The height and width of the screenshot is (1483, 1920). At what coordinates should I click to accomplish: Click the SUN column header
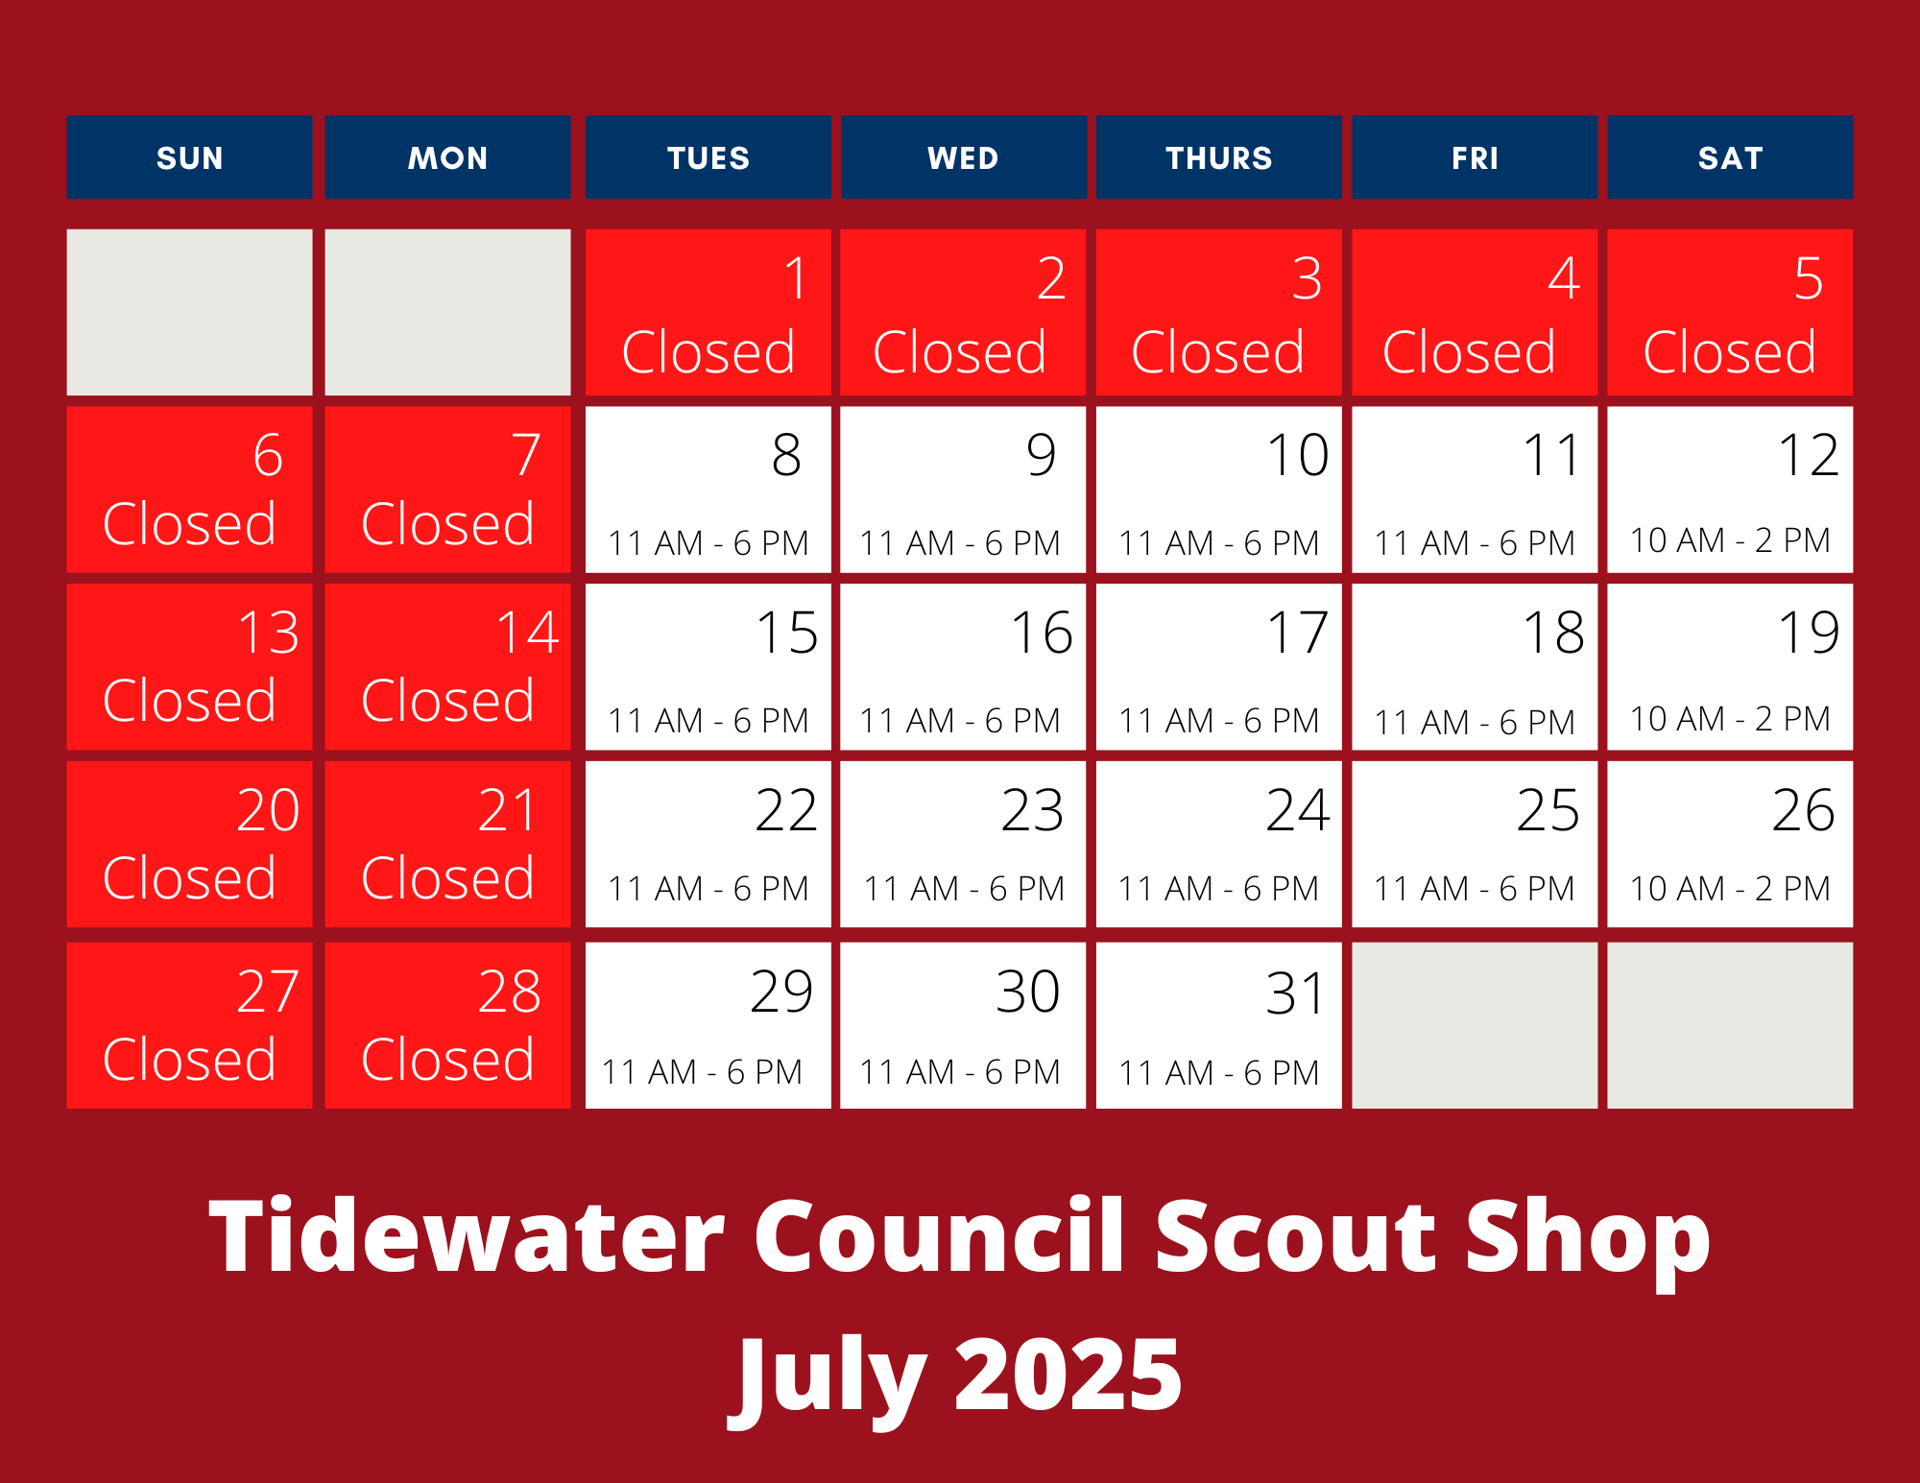click(189, 157)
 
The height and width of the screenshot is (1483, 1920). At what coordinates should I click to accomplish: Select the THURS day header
click(1218, 157)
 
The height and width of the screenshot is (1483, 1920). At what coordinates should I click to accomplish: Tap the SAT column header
click(1730, 157)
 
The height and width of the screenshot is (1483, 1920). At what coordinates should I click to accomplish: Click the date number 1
click(796, 278)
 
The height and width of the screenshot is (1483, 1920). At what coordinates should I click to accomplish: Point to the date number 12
click(1809, 454)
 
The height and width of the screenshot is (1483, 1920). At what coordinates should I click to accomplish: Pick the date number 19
click(1809, 632)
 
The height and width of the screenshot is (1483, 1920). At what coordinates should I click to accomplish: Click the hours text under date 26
click(1730, 888)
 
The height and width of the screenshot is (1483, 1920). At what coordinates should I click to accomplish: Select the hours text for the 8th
click(708, 543)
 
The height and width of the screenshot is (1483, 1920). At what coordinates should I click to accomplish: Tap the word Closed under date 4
click(1469, 351)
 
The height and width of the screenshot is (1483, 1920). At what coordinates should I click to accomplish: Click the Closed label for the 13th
click(189, 700)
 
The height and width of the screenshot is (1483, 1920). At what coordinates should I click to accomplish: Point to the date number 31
click(1296, 993)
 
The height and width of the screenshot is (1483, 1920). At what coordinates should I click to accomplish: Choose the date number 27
click(268, 991)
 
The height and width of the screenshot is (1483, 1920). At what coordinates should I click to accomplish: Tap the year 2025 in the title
click(1068, 1375)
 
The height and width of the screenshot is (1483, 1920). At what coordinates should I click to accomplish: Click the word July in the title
click(829, 1380)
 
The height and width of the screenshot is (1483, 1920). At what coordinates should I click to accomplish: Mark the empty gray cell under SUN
click(189, 312)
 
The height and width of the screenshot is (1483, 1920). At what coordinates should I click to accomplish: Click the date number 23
click(1032, 809)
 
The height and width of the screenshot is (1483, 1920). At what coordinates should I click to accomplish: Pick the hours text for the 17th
click(1218, 721)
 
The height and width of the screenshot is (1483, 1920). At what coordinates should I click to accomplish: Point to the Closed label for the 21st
click(447, 877)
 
